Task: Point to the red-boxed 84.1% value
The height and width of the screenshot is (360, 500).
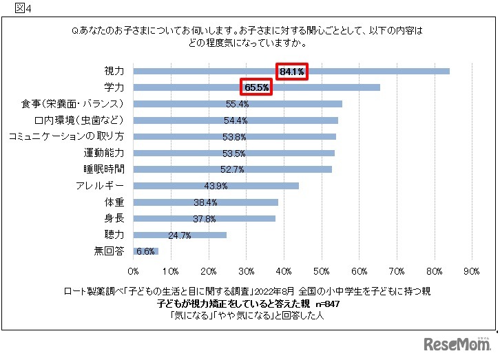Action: click(292, 71)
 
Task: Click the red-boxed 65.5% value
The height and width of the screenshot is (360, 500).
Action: click(256, 87)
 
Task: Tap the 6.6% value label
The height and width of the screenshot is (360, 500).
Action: click(145, 251)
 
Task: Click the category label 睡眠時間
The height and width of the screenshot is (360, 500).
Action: click(104, 169)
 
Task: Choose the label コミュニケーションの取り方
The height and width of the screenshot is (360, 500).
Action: click(66, 136)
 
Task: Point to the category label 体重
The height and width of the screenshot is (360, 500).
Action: click(114, 202)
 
